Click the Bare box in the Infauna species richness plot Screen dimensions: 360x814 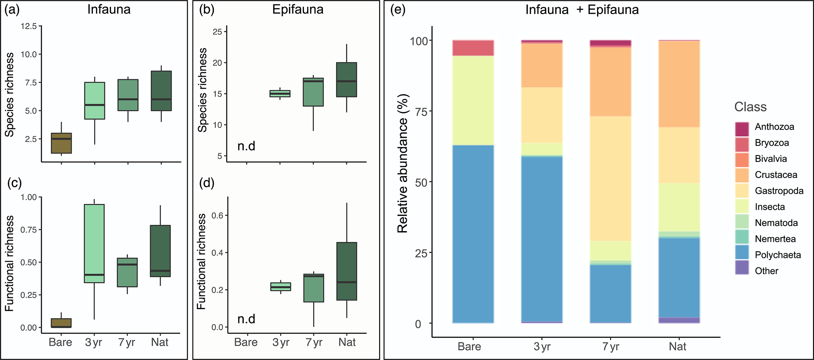61,143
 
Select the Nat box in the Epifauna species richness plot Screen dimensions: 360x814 347,80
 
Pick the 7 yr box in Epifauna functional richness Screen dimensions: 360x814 313,288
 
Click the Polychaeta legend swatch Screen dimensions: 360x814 742,255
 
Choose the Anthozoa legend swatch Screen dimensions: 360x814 742,127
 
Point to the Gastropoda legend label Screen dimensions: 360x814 779,191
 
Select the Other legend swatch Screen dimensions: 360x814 742,271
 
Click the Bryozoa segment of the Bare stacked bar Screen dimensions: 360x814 473,48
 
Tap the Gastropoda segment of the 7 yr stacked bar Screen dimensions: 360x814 610,178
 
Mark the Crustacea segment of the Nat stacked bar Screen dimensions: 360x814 679,84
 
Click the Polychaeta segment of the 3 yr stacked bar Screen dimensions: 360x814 541,239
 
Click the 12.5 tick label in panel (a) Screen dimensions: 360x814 29,26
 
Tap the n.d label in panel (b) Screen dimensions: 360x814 247,146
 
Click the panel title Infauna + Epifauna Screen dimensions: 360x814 582,9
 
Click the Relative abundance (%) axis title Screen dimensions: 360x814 402,163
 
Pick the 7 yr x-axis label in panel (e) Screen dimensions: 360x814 610,347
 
